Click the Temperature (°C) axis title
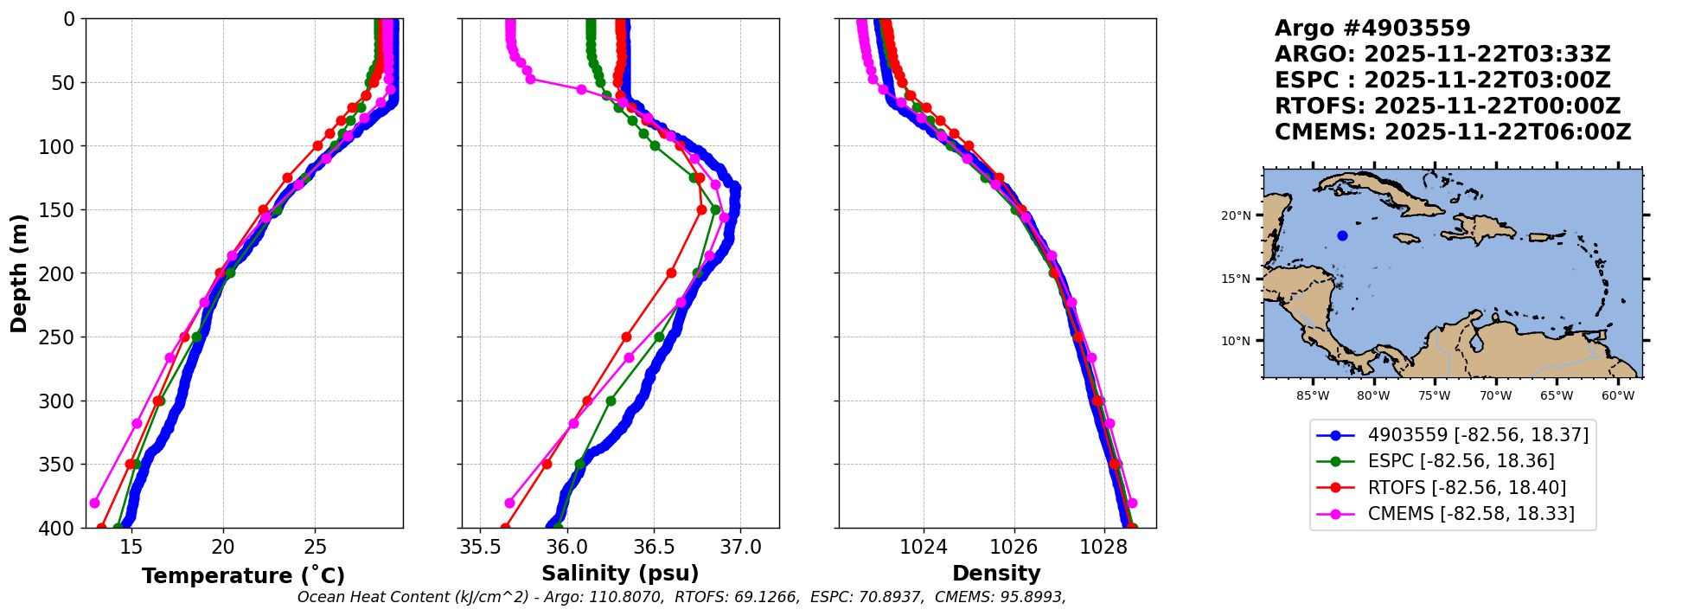243,575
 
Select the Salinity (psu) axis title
620,574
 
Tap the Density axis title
996,574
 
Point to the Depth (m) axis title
19,273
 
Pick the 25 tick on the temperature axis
316,547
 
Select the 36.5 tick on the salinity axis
654,547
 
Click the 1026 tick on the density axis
1014,547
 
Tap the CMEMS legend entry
1445,514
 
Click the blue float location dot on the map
1342,235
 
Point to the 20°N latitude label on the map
1236,215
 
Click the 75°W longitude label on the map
1434,396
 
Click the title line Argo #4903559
1372,29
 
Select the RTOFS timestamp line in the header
1448,106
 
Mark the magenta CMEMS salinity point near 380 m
509,503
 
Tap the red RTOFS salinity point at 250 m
626,337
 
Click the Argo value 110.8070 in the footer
632,597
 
